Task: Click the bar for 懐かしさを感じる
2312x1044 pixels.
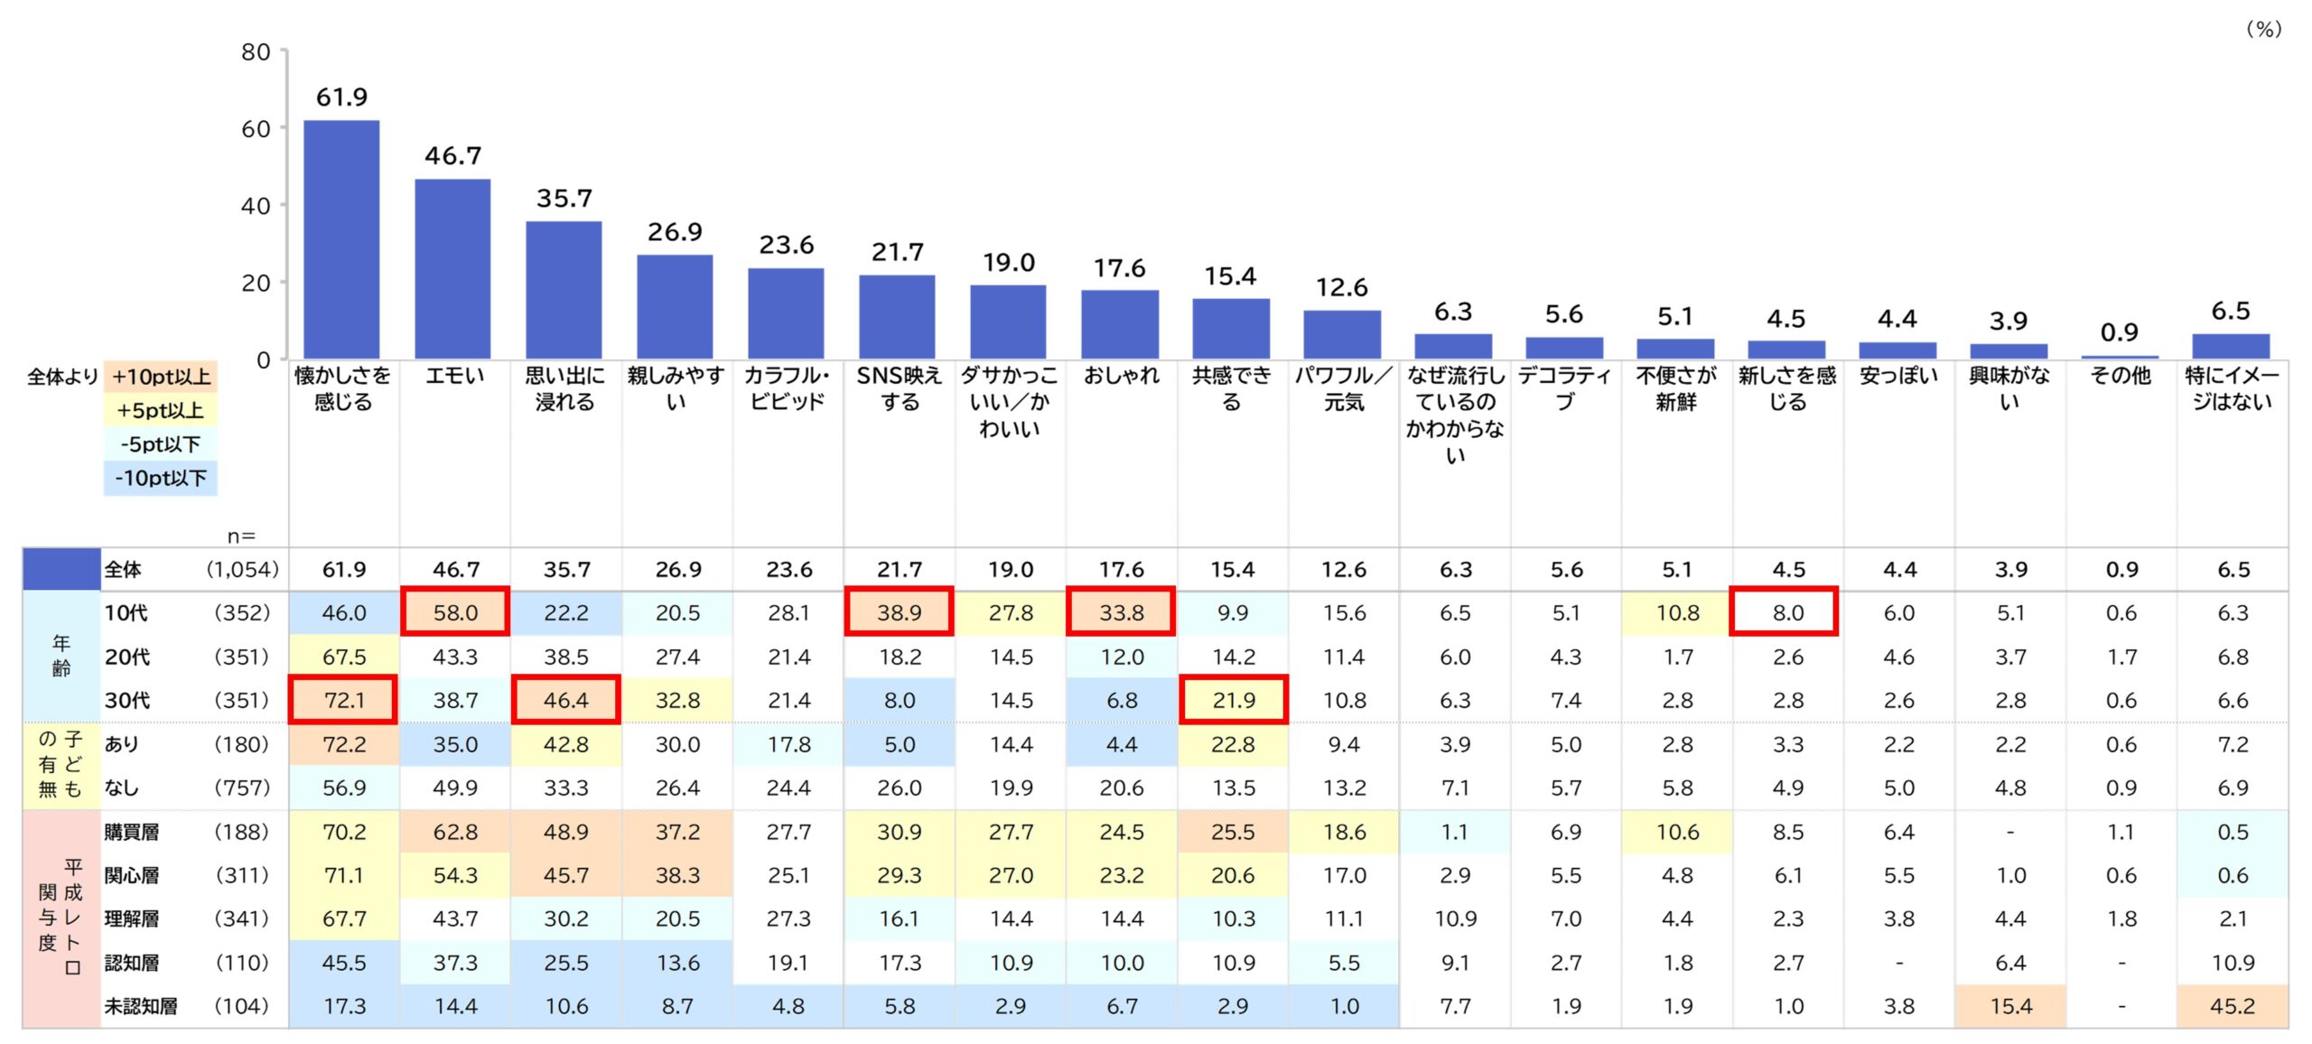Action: (x=341, y=239)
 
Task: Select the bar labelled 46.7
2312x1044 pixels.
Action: (x=452, y=268)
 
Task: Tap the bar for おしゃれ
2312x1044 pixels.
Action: (x=1120, y=324)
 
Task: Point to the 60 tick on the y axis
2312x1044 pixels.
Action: (x=256, y=129)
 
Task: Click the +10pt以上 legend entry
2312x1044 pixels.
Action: (x=161, y=377)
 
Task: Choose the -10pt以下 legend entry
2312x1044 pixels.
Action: (x=161, y=478)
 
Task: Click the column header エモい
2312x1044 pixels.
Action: (x=454, y=376)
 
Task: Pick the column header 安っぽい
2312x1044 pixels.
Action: (x=1898, y=376)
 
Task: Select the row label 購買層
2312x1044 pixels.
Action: (x=132, y=832)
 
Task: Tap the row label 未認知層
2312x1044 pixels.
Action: (x=141, y=1006)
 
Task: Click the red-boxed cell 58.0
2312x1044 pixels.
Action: (x=455, y=612)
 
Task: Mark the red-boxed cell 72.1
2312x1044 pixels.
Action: (x=343, y=700)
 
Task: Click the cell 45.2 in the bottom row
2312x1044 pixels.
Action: (x=2233, y=1006)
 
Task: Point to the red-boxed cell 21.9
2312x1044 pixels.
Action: (x=1234, y=700)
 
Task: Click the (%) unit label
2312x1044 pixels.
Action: (x=2263, y=29)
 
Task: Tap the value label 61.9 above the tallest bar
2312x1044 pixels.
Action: (x=341, y=97)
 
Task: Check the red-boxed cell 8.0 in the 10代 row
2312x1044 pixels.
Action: (x=1787, y=612)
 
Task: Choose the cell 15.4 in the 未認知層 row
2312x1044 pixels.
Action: (x=2010, y=1006)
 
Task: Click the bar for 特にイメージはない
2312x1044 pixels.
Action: (x=2231, y=347)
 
